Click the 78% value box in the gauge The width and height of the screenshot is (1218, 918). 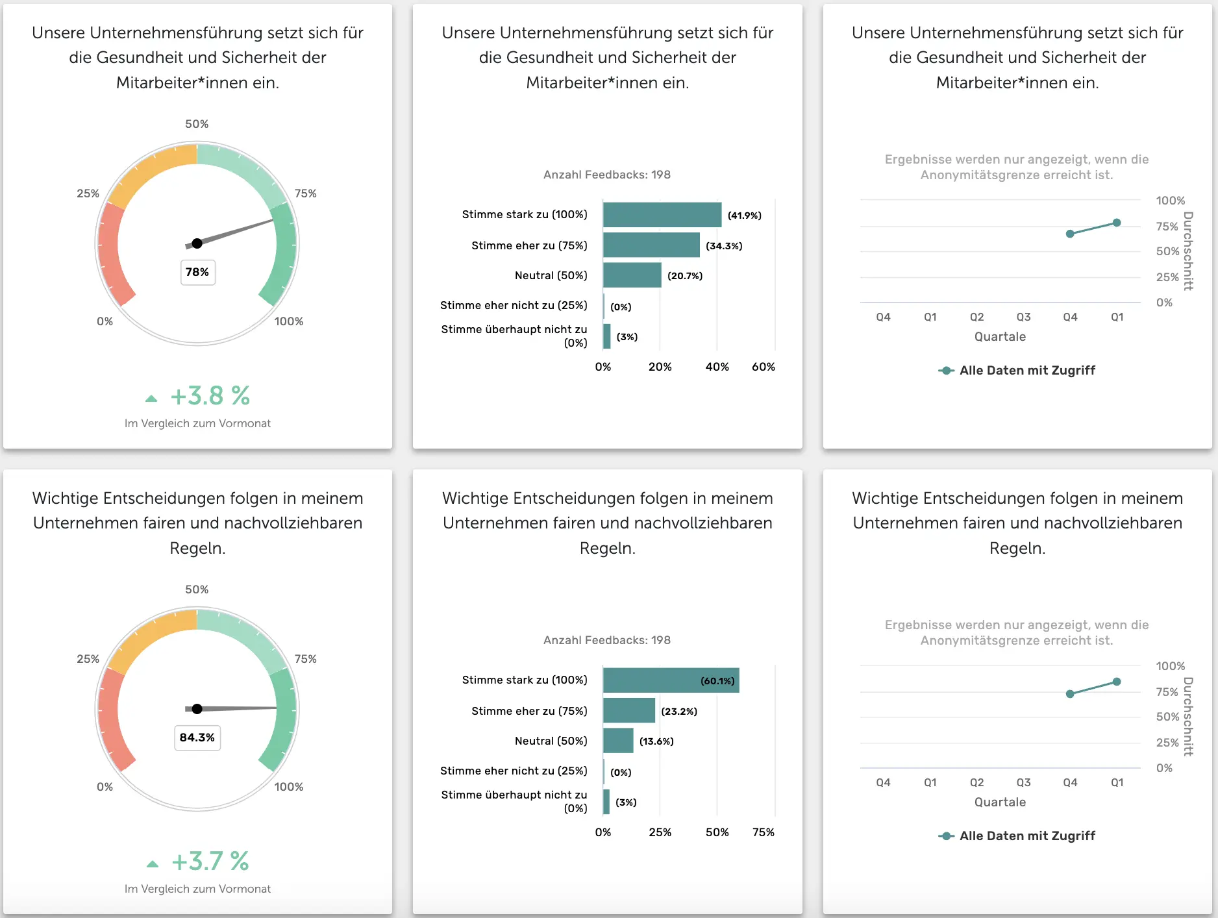197,272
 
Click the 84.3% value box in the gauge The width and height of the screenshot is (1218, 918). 197,738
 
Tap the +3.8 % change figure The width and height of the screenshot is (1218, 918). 210,395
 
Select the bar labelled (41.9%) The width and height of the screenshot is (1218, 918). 662,215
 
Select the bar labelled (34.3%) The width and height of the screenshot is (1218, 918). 651,245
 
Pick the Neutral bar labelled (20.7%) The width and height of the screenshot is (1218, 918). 632,275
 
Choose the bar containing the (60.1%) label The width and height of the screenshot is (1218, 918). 671,680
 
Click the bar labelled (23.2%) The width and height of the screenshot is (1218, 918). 628,711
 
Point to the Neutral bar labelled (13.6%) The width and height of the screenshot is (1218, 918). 618,741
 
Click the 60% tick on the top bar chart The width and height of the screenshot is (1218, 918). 764,367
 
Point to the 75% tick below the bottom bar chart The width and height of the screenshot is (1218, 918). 764,832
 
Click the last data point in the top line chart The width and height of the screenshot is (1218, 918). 1117,223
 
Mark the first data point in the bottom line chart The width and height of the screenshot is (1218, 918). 1070,694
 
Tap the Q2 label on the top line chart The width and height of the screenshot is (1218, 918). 976,317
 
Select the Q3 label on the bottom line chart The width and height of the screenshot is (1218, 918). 1023,782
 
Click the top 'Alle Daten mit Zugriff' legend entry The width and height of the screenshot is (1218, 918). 1017,370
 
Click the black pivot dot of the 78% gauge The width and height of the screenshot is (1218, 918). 197,243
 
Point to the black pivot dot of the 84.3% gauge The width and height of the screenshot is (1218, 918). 197,709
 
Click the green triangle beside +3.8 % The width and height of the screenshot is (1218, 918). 151,398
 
